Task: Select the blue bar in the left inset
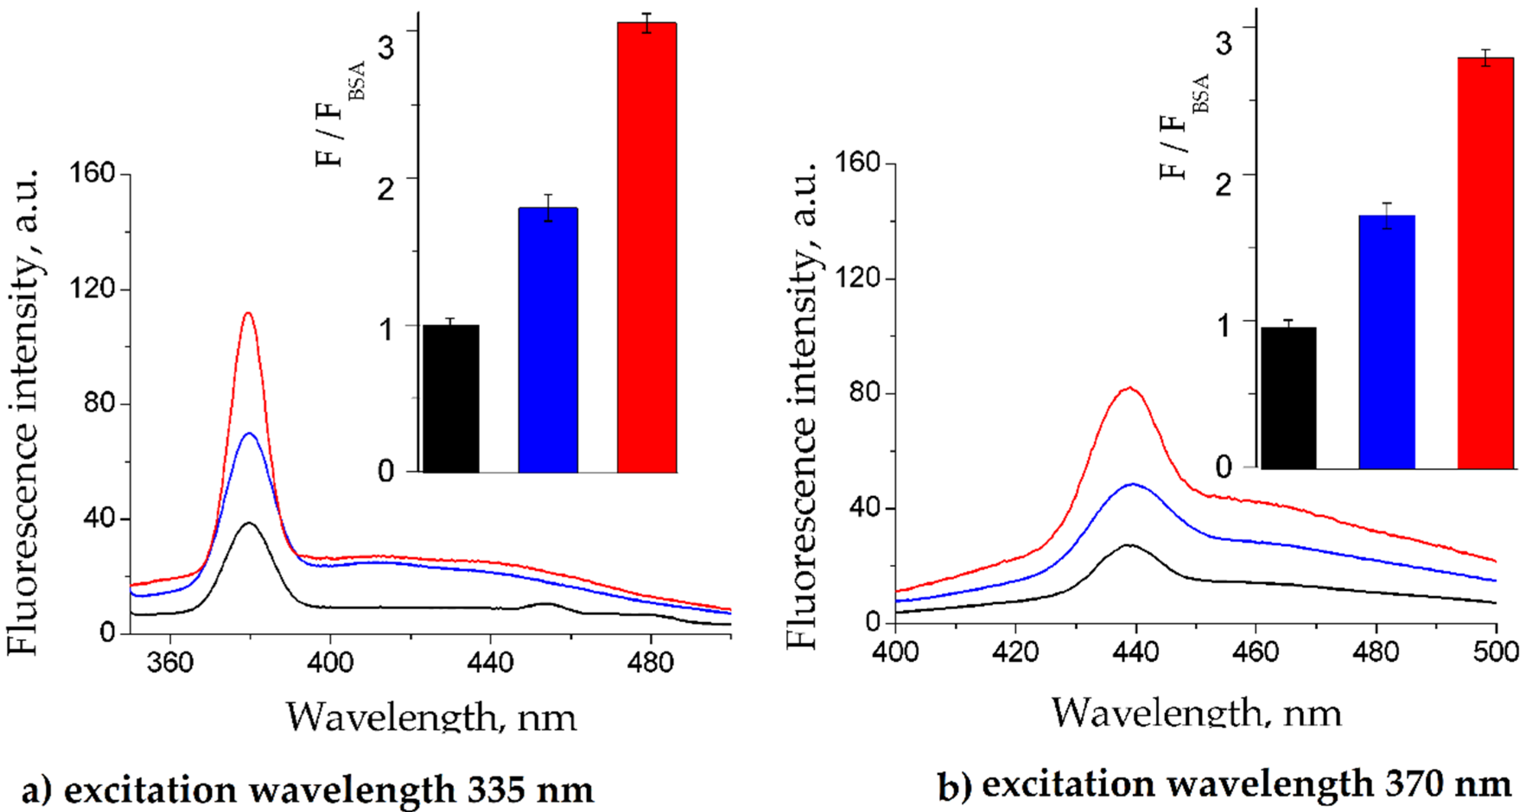coord(548,340)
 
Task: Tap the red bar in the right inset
coord(1485,263)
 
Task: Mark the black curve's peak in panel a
coord(249,523)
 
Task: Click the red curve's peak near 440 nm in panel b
coord(1129,388)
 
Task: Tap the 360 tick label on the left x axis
coord(170,662)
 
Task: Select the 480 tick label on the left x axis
coord(650,662)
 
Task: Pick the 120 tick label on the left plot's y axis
coord(92,289)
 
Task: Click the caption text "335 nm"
coord(530,789)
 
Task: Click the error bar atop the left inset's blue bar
coord(549,207)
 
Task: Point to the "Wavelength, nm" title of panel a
coord(431,717)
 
